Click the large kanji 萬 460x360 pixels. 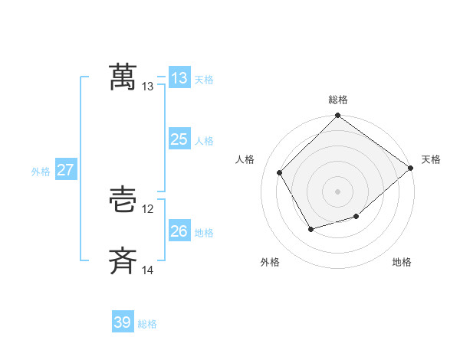coord(123,77)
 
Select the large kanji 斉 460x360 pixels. coord(123,261)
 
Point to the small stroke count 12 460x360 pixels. coord(148,209)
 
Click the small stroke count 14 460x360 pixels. coord(148,270)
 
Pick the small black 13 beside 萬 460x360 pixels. coord(148,87)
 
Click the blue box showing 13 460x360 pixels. coord(179,78)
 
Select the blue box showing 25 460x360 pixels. coord(179,139)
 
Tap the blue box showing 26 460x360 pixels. coord(179,231)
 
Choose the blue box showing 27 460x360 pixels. coord(65,170)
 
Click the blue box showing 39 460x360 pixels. coord(123,322)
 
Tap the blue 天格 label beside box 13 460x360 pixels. coord(204,80)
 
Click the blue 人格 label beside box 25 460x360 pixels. coord(204,141)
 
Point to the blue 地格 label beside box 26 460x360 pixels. coord(204,232)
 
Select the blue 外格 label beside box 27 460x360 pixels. coord(41,172)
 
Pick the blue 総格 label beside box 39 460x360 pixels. coord(147,324)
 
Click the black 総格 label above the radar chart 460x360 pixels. coord(338,100)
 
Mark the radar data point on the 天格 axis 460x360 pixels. coord(410,168)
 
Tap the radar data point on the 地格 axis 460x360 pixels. coord(356,217)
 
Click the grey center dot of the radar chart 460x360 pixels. coord(337,191)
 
